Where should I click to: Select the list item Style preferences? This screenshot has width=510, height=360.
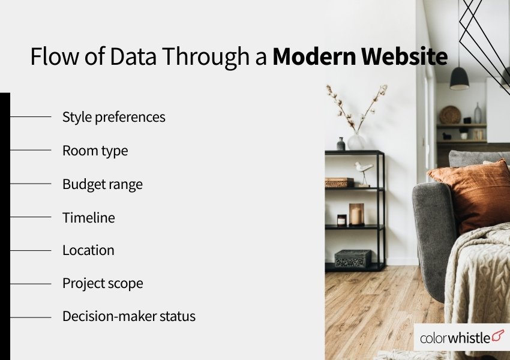(113, 116)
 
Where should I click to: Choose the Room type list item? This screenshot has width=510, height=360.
(95, 150)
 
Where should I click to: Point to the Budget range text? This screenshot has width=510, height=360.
(102, 184)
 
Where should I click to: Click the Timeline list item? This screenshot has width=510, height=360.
(88, 217)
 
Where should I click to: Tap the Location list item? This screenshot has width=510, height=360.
(88, 250)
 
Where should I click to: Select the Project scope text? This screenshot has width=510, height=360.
(103, 283)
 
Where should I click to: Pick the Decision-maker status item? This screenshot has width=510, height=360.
(128, 316)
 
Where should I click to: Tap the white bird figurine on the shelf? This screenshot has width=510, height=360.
(363, 170)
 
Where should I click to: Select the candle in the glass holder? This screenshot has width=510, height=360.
(356, 215)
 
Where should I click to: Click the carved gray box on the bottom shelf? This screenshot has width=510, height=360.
(353, 259)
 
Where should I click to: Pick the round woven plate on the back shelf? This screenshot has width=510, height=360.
(449, 115)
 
